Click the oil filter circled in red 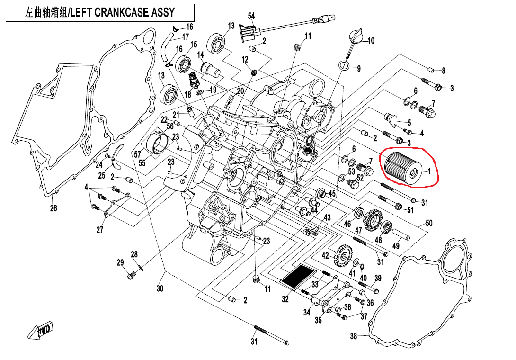tap(402, 168)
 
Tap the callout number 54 tap(251, 16)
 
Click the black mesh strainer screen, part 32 tap(298, 276)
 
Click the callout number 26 tap(53, 208)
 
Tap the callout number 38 tap(353, 337)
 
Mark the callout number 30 tap(160, 288)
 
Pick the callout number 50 tap(429, 223)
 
